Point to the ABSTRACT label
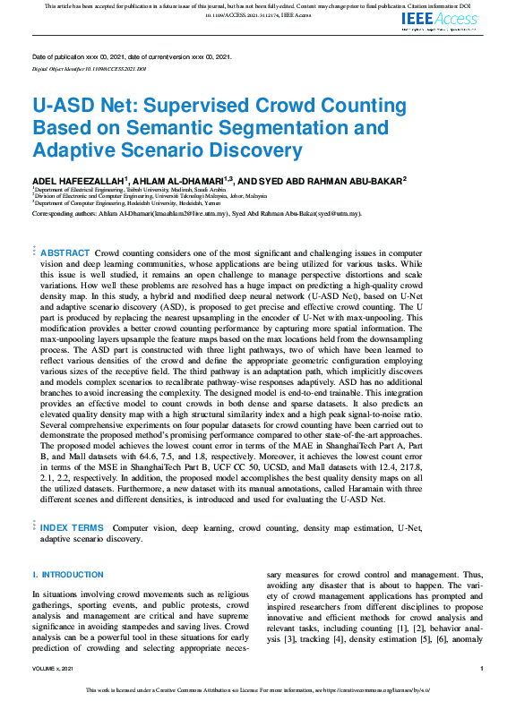pos(65,254)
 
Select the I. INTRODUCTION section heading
pos(68,574)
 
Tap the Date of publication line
pos(132,57)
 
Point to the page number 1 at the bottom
pos(482,668)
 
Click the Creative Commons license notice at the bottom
pos(258,690)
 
